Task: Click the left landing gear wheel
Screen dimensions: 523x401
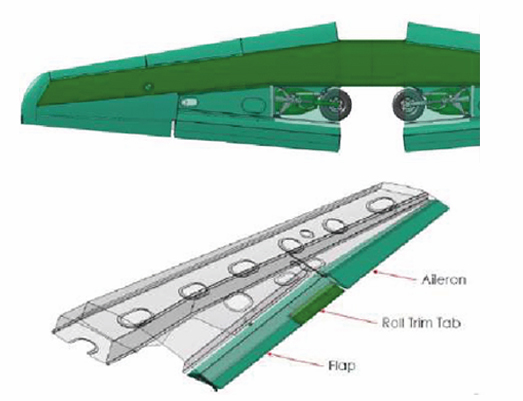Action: click(x=338, y=104)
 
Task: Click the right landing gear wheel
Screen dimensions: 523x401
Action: click(x=407, y=104)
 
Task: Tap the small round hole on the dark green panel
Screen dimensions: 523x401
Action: click(x=148, y=87)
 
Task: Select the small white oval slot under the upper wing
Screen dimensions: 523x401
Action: click(x=189, y=102)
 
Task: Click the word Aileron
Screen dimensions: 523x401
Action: click(x=443, y=280)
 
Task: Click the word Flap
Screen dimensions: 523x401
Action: click(x=342, y=366)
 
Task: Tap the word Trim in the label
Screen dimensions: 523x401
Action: click(x=423, y=323)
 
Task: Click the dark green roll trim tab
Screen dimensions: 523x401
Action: click(x=318, y=304)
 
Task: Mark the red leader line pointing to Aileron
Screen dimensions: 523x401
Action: click(x=396, y=276)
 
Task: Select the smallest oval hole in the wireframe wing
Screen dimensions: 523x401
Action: click(x=305, y=233)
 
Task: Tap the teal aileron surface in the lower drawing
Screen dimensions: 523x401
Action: click(x=387, y=244)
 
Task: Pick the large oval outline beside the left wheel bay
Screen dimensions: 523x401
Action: click(x=252, y=104)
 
